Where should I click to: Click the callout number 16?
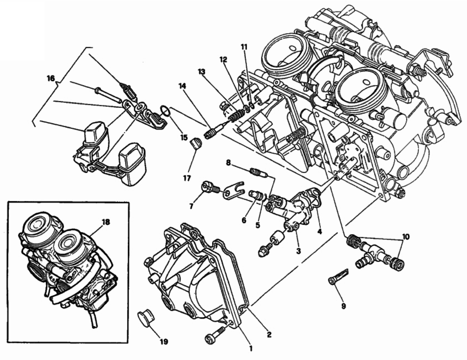point(51,79)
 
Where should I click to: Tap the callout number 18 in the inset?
point(106,222)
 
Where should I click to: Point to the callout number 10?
point(406,237)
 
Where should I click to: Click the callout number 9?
point(343,306)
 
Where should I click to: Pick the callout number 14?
point(182,86)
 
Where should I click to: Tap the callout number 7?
point(191,206)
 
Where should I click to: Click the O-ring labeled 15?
point(164,111)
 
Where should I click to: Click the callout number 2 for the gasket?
point(269,335)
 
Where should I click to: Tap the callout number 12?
point(223,60)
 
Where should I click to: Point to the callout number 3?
point(298,251)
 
